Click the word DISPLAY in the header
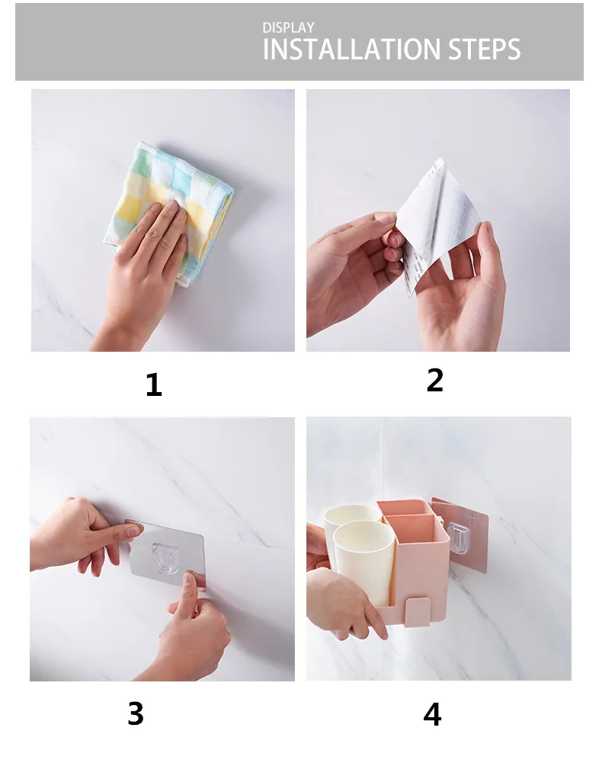tap(288, 27)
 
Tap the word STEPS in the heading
tap(485, 49)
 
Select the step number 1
tap(154, 385)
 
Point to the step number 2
tap(435, 380)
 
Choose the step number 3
tap(136, 713)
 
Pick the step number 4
tap(432, 715)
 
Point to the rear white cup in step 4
tap(351, 515)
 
